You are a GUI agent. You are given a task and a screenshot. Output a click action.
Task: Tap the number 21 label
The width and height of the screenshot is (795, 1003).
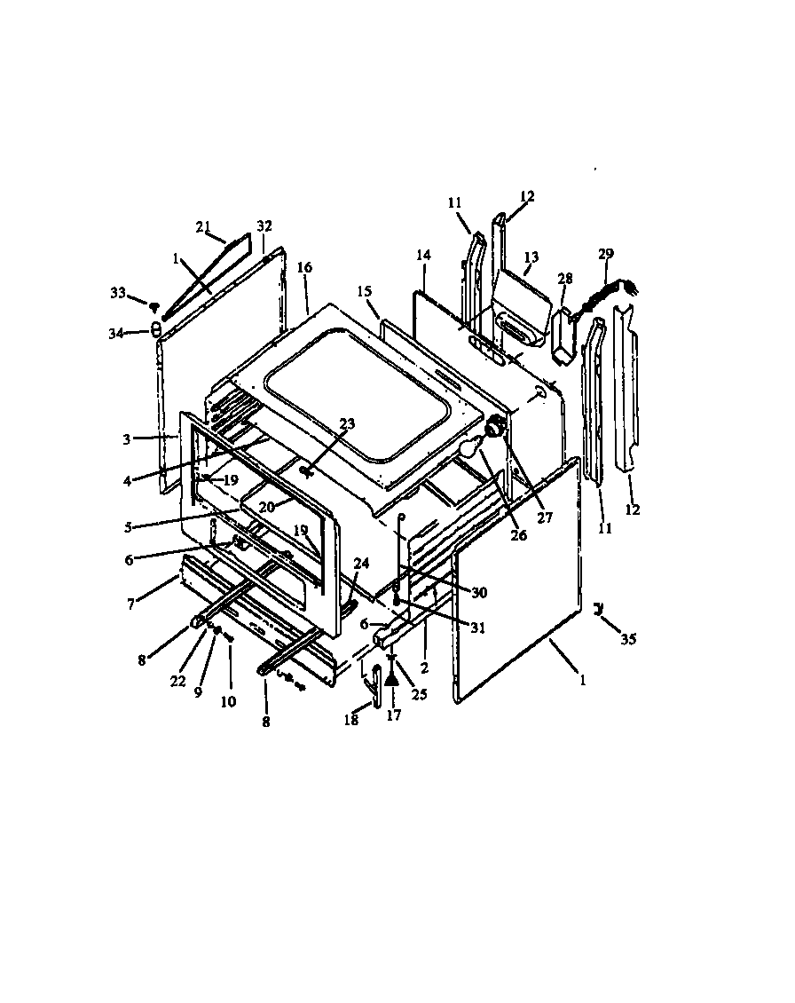202,225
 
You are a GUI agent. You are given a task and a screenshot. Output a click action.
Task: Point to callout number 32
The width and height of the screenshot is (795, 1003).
264,226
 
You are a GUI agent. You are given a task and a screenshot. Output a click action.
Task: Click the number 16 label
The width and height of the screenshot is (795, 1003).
304,267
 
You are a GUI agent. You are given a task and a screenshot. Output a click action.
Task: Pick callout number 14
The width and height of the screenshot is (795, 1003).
423,255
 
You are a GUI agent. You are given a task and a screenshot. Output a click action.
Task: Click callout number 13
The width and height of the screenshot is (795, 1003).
531,257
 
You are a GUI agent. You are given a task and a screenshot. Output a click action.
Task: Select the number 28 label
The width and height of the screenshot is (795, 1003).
565,280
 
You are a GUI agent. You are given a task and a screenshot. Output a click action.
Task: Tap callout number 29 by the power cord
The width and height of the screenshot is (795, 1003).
606,254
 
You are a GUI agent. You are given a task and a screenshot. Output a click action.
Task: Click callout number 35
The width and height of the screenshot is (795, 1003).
629,638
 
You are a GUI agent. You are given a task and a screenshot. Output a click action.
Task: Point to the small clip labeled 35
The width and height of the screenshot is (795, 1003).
600,608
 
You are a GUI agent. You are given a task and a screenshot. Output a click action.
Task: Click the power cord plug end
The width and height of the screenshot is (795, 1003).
633,287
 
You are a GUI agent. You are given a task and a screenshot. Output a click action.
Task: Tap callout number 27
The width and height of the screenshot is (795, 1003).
545,517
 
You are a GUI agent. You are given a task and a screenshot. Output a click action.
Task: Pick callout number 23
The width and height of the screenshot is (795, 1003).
321,423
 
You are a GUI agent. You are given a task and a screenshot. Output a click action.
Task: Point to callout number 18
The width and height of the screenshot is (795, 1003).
351,721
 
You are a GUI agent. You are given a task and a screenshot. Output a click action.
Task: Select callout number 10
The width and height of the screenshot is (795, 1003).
228,701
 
